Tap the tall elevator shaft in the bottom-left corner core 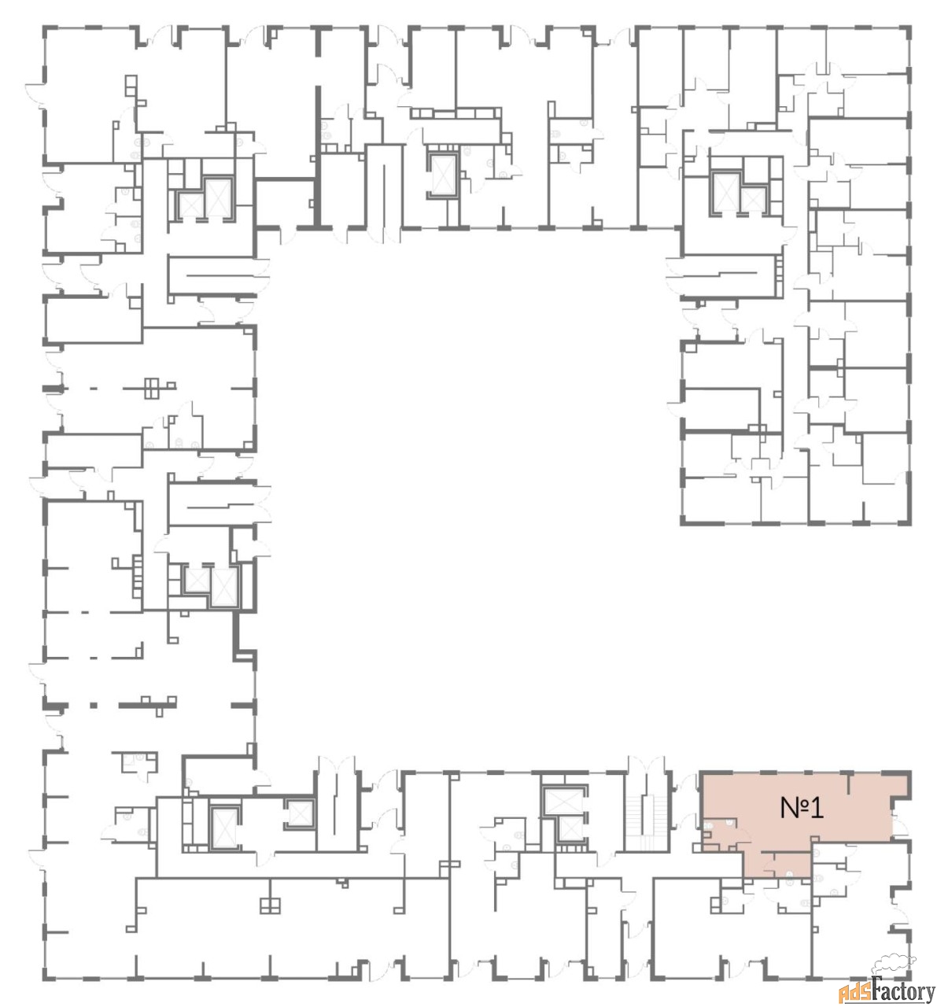pos(223,828)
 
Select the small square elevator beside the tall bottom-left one pos(298,814)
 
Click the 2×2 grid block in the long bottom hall pos(270,905)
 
